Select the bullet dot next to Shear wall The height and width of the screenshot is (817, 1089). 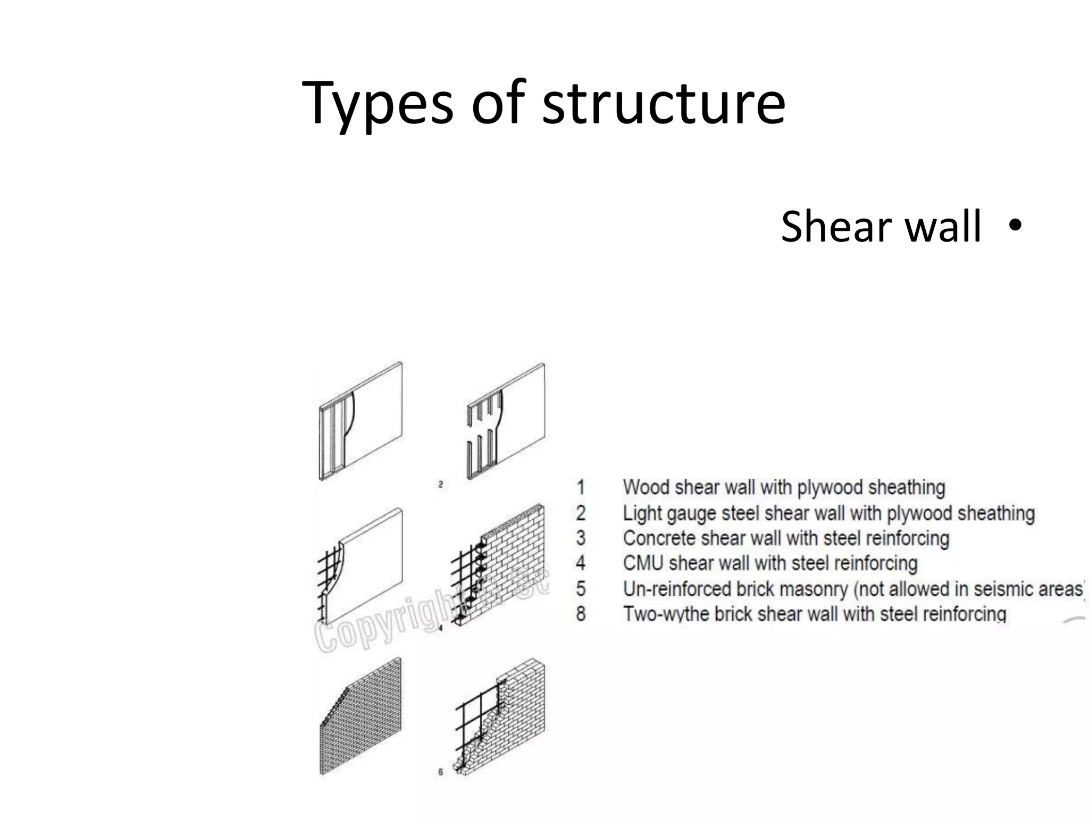pos(1014,225)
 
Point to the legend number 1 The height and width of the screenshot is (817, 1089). pos(581,487)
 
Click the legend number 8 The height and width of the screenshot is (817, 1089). pos(581,614)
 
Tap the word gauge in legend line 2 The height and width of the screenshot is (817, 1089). pos(690,513)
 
